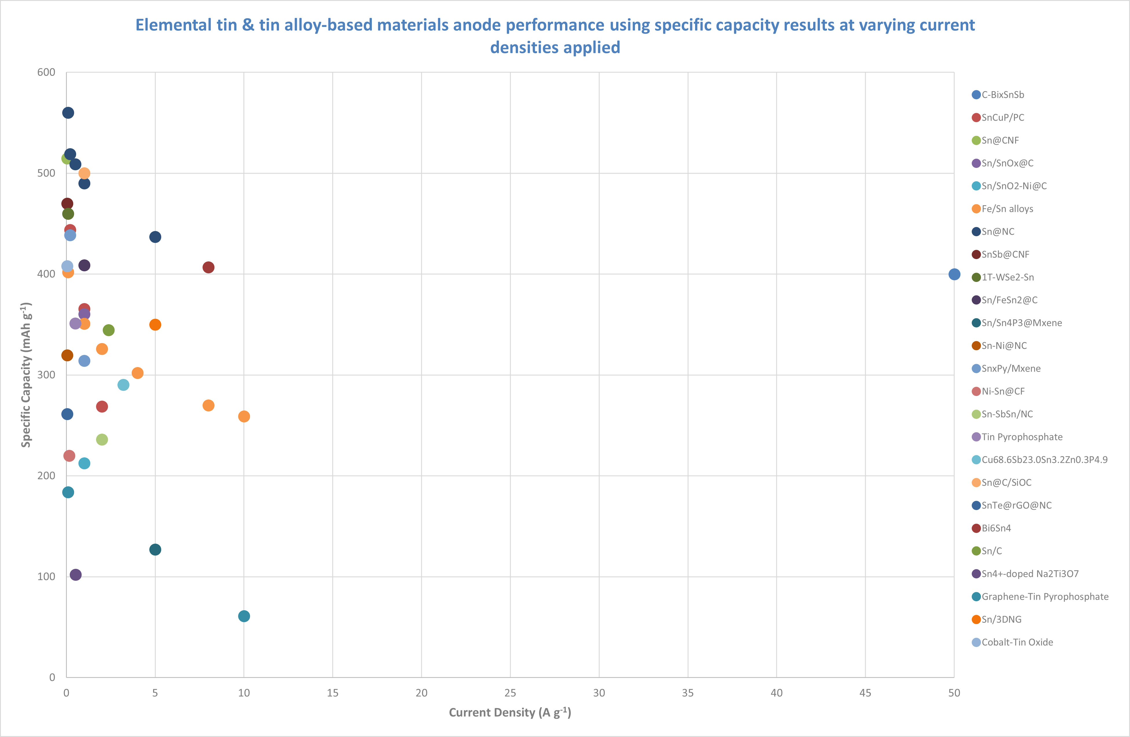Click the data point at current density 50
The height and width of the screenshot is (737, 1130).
(954, 274)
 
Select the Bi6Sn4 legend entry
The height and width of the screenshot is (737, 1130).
(996, 528)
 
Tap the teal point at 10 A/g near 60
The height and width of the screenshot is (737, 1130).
(244, 616)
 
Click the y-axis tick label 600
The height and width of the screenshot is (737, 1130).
(46, 72)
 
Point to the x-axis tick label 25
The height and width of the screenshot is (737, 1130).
(510, 693)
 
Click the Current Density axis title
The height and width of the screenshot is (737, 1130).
(510, 712)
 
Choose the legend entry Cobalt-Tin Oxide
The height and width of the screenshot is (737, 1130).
(1017, 642)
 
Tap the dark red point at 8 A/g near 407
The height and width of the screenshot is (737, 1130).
(208, 267)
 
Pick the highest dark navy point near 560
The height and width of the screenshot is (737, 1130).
(68, 113)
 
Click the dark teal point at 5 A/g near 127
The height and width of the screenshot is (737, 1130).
(155, 549)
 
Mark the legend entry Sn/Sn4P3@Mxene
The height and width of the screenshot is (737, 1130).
(1021, 323)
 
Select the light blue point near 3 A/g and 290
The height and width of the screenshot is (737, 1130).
(123, 385)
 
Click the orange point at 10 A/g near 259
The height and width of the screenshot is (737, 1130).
(244, 417)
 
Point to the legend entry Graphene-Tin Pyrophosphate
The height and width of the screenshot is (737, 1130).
(1045, 596)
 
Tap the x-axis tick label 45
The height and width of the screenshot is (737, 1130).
(865, 693)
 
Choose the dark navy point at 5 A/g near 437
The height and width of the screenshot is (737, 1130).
(155, 237)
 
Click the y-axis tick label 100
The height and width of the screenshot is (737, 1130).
(46, 577)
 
